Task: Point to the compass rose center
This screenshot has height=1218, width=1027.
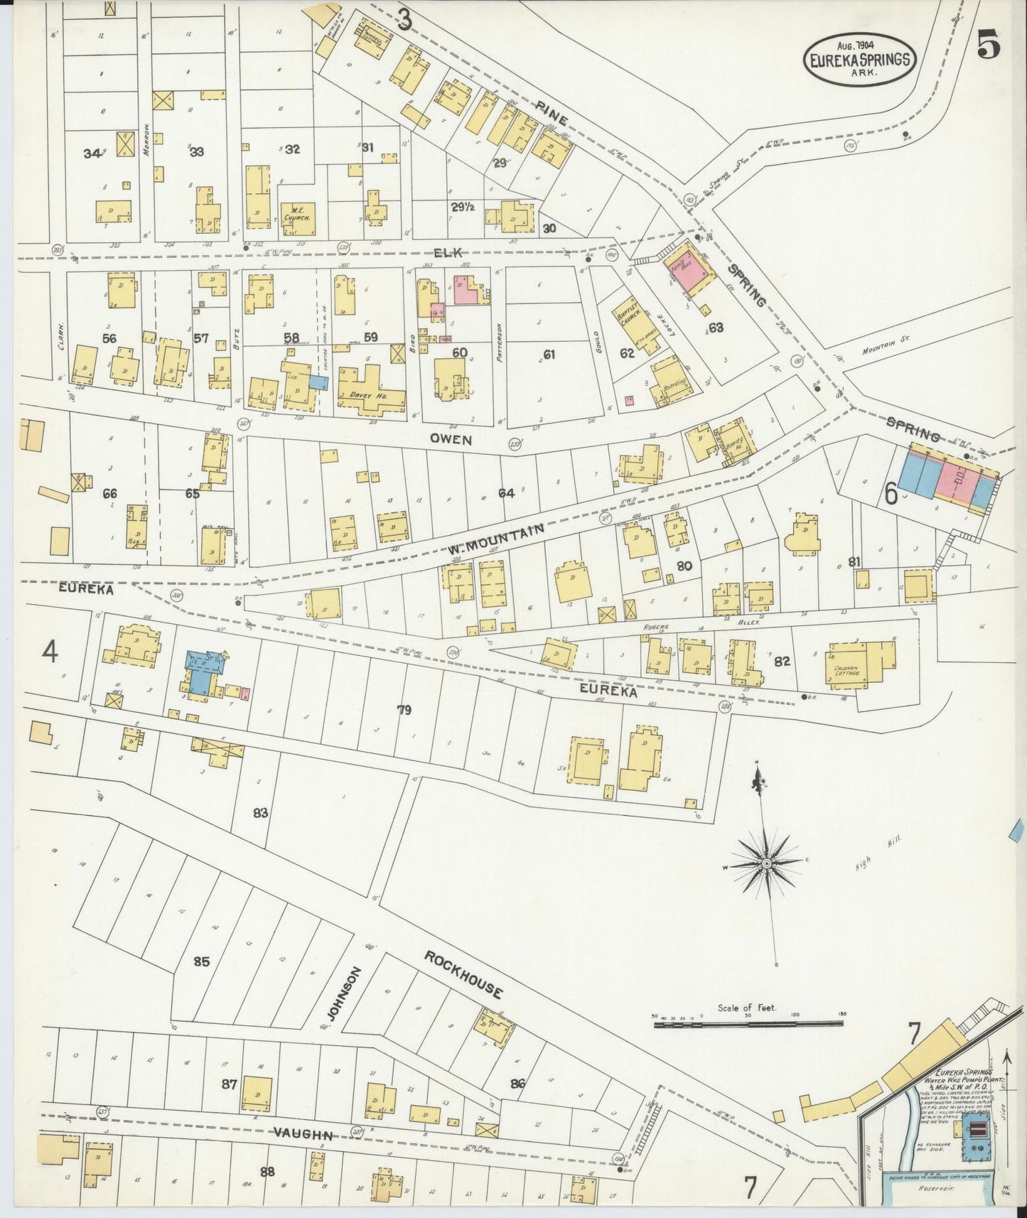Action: coord(767,863)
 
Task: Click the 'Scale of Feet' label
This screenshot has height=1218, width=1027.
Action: coord(748,1008)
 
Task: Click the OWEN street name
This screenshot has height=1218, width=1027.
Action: coord(450,440)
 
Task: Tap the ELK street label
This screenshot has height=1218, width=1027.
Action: coord(453,251)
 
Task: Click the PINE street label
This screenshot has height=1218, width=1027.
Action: coord(552,113)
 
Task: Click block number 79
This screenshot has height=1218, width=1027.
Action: coord(404,709)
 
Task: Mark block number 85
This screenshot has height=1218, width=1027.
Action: coord(202,961)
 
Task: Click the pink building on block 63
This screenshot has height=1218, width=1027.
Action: coord(689,274)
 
